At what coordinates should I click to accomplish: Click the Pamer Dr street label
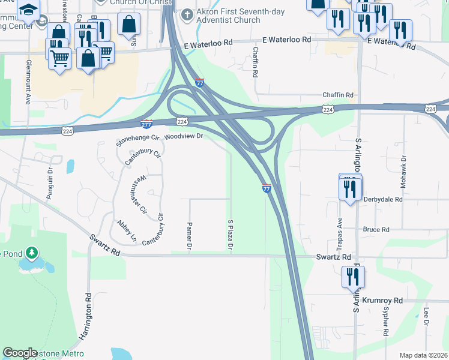(188, 236)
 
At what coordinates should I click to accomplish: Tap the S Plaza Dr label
(230, 235)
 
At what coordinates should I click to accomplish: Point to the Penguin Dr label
(50, 182)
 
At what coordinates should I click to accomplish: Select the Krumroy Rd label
(381, 300)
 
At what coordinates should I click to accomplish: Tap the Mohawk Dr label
(404, 170)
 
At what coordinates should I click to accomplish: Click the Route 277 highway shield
(146, 124)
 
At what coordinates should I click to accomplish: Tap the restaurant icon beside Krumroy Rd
(352, 277)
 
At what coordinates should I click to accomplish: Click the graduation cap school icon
(28, 9)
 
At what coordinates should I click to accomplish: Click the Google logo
(20, 353)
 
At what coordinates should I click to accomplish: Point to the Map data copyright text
(423, 355)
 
